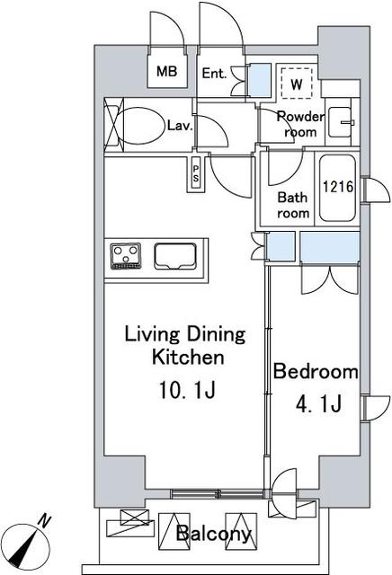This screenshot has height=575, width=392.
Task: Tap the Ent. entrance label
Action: (214, 74)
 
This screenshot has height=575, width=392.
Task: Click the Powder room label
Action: (296, 124)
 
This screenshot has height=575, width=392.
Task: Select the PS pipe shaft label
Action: (194, 173)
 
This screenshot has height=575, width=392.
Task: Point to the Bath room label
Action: (292, 206)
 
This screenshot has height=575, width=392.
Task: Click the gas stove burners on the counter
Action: (126, 255)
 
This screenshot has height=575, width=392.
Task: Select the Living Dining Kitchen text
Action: (184, 347)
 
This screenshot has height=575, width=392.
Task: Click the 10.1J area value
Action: (184, 392)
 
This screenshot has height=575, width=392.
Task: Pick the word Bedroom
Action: (316, 372)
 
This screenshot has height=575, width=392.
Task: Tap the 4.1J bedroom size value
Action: (315, 404)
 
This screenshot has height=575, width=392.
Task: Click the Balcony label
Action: (213, 535)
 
